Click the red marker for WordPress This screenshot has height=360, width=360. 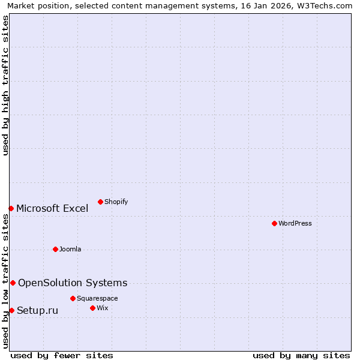tap(274, 223)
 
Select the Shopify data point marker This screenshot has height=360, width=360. tap(100, 202)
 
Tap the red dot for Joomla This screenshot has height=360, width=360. tap(55, 249)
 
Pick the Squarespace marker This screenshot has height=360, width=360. tap(73, 298)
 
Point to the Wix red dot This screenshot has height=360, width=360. tap(92, 308)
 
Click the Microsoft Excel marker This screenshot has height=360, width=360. tap(11, 208)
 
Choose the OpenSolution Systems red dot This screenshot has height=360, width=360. tap(13, 283)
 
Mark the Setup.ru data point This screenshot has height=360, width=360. tap(11, 310)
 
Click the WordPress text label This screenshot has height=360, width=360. tap(295, 223)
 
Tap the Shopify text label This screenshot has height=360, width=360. tap(116, 202)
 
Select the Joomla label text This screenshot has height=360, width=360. tap(70, 249)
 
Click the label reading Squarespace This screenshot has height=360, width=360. tap(97, 298)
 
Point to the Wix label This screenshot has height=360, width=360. tap(103, 308)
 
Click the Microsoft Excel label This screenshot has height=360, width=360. tap(52, 208)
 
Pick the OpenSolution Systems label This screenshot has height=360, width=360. tap(73, 283)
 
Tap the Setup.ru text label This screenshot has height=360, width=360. tap(37, 310)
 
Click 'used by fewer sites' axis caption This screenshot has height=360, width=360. tap(62, 355)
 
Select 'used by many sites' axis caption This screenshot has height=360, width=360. tap(301, 355)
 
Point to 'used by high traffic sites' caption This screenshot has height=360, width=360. tap(6, 86)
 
